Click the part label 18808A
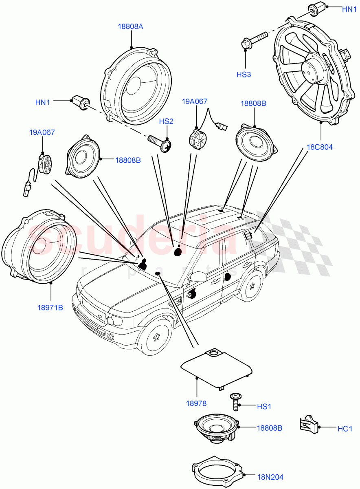tap(131, 26)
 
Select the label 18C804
tap(320, 147)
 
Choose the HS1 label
tap(264, 406)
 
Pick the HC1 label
tap(345, 428)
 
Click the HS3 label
tap(245, 75)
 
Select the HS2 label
tap(166, 121)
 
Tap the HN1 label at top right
tap(349, 8)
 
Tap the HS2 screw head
tap(167, 145)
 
